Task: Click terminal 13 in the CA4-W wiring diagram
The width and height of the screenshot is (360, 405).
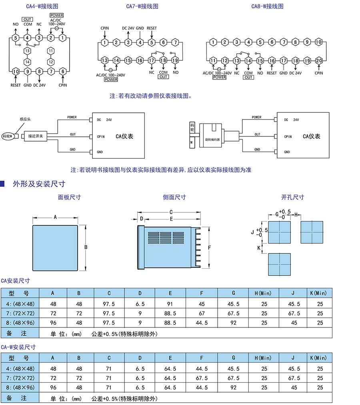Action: [x=27, y=51]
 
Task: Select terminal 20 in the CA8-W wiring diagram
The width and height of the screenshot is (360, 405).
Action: [x=319, y=60]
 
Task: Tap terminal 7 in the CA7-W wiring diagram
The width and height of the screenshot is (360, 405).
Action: [x=175, y=42]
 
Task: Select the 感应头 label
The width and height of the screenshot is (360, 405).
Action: [x=25, y=119]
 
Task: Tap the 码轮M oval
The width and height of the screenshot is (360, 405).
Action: [x=8, y=136]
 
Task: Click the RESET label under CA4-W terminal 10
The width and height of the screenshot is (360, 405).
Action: [x=16, y=85]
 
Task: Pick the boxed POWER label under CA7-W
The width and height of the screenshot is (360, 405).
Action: [x=111, y=80]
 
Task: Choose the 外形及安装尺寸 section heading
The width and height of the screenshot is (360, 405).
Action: [x=39, y=184]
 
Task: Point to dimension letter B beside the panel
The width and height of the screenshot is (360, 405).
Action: [x=86, y=247]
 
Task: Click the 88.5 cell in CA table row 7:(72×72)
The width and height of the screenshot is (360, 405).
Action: [x=170, y=313]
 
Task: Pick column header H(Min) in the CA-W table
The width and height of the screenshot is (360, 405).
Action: [x=264, y=358]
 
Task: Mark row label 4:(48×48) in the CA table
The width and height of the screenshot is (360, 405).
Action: [x=20, y=303]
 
